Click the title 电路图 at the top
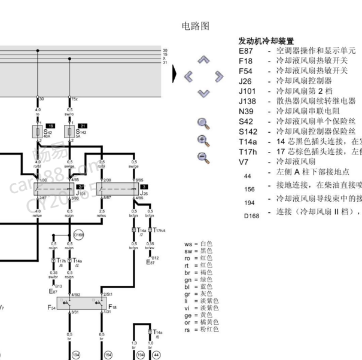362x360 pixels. (195, 26)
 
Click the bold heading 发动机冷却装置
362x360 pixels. (266, 41)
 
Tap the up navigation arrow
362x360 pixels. (204, 60)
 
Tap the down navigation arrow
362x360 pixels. (204, 93)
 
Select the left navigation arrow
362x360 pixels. (189, 77)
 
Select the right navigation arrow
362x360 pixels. (220, 77)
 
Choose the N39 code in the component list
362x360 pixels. (246, 111)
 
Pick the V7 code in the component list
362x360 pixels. (243, 161)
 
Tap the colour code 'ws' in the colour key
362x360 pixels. (188, 244)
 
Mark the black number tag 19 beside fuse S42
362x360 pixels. (50, 125)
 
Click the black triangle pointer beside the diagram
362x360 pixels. (174, 74)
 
